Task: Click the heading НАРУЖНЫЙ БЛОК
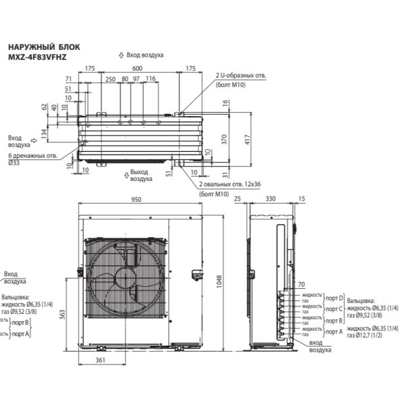(x=43, y=48)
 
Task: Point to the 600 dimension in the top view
(x=137, y=69)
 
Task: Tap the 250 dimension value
(x=109, y=79)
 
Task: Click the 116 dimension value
(x=150, y=79)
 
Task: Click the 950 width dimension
(x=137, y=200)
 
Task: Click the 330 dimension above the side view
(x=270, y=200)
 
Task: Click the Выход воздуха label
(x=140, y=175)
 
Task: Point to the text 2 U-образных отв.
(x=240, y=75)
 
